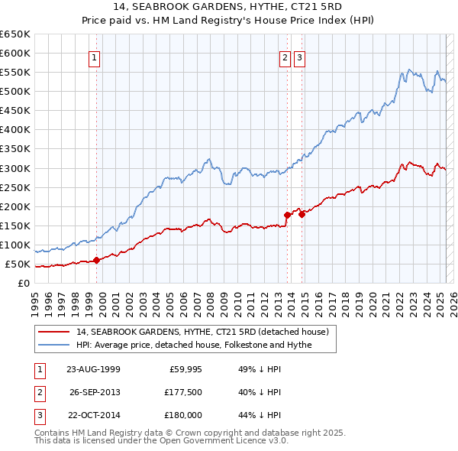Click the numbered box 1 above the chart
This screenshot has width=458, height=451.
click(x=94, y=57)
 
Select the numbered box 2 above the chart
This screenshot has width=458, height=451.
click(x=284, y=57)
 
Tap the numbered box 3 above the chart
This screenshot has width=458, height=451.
click(x=298, y=57)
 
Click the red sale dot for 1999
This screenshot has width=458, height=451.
click(x=97, y=260)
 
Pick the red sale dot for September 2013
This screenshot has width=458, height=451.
click(x=288, y=215)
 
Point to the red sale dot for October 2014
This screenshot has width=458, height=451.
click(x=302, y=214)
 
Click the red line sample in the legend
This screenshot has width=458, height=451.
click(x=53, y=332)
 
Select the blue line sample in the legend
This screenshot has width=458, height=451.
click(x=53, y=345)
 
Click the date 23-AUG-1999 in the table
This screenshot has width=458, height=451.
click(x=93, y=368)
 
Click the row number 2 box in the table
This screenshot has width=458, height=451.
click(x=38, y=393)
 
